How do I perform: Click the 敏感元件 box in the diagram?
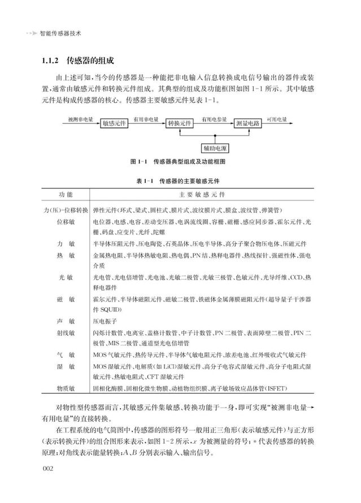click(114, 124)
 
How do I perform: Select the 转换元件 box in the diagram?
click(179, 124)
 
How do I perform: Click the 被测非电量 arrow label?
click(80, 120)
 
